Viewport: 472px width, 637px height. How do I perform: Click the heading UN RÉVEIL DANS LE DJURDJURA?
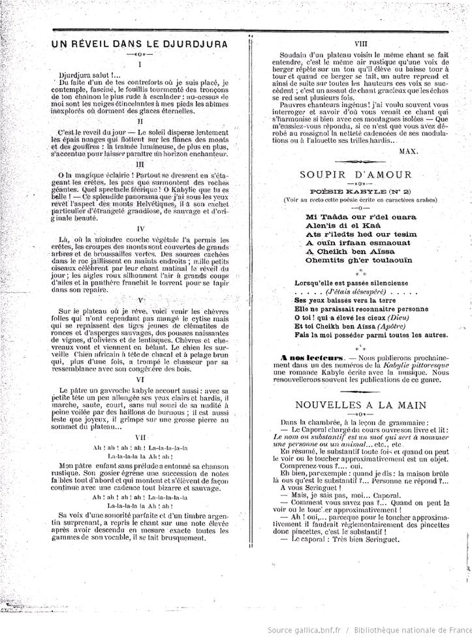coord(140,44)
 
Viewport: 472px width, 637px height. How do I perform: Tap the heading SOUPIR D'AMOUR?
coord(355,174)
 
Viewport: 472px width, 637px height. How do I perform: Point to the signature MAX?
coord(408,149)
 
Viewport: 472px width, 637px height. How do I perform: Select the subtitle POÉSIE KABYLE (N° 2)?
coord(355,192)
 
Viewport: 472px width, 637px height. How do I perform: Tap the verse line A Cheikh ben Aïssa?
coord(347,251)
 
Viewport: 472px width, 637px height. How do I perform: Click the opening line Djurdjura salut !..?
coord(90,74)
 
